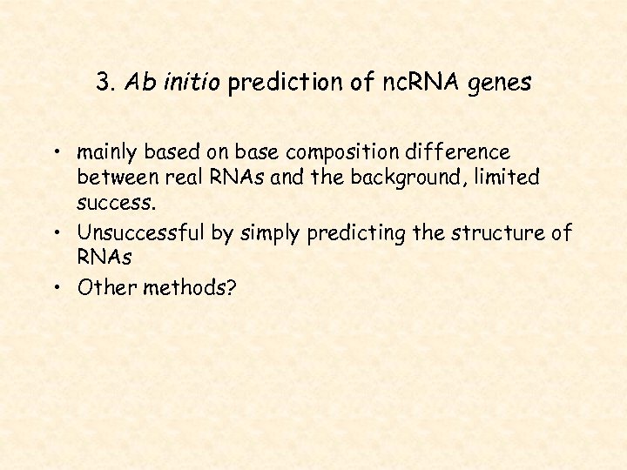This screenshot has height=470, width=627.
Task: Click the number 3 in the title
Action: coord(104,84)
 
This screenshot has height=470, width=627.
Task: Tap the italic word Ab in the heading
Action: coord(138,84)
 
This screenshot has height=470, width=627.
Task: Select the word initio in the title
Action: coord(179,84)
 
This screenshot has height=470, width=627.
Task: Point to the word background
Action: coord(420,178)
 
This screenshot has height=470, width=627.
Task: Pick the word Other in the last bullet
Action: coord(102,288)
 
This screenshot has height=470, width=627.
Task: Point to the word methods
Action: coord(183,288)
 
